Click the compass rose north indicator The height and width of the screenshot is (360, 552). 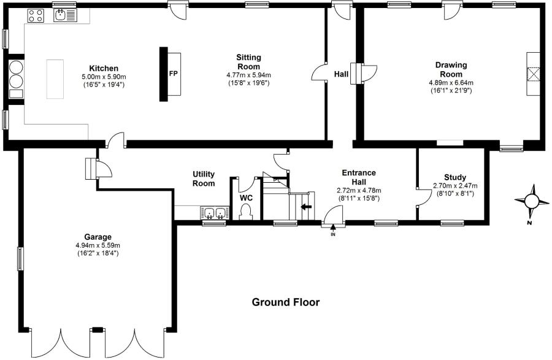click(532, 201)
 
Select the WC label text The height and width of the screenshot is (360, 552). click(246, 199)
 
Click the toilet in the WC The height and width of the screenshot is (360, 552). click(246, 212)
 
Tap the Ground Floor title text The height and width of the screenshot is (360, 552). click(286, 302)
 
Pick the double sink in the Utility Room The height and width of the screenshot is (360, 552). click(215, 213)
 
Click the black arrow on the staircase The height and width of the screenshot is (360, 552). click(306, 207)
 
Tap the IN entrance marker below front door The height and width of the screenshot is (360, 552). click(333, 234)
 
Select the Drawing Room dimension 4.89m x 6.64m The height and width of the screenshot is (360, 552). click(451, 82)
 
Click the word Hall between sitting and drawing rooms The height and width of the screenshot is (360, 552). click(341, 74)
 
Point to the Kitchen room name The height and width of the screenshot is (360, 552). click(104, 67)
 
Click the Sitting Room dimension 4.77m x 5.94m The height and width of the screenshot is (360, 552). click(248, 75)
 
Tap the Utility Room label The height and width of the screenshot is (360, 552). click(204, 179)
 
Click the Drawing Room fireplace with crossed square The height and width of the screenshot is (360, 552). click(534, 73)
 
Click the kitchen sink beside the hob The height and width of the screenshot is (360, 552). click(63, 15)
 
